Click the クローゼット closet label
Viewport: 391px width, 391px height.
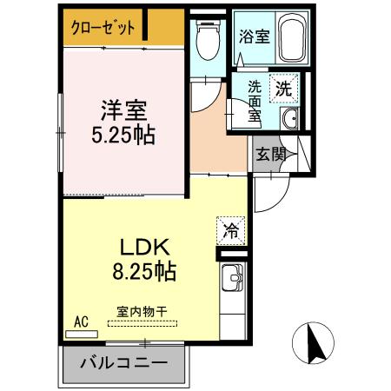(x=103, y=27)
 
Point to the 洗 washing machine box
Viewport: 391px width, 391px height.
(x=285, y=87)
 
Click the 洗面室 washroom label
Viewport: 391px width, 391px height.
(x=255, y=103)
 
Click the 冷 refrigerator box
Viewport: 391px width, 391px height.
(x=231, y=231)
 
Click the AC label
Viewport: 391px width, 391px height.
(x=81, y=321)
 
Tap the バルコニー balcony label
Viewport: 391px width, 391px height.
(x=124, y=361)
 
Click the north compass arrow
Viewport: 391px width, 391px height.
(x=315, y=342)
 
